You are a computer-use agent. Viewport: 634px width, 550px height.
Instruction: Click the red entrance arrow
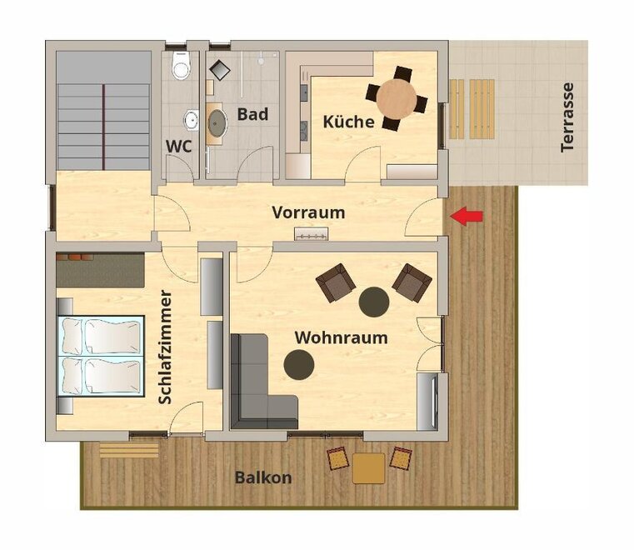click(467, 216)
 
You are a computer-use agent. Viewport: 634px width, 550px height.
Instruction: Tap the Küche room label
click(348, 122)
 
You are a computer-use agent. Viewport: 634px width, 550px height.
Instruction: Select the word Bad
click(252, 114)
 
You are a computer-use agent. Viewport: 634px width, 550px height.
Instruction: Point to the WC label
click(179, 147)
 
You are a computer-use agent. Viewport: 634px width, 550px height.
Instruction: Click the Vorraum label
click(308, 212)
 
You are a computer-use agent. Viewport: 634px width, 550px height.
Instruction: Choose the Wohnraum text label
click(342, 337)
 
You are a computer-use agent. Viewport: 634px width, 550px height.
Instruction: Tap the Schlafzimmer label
click(166, 347)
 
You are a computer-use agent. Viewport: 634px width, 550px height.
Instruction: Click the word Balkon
click(263, 477)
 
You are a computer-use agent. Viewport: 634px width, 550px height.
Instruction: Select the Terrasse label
click(567, 117)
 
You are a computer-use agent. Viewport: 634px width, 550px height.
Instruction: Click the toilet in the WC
click(181, 65)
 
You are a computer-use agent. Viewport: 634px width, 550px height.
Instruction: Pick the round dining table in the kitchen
click(397, 98)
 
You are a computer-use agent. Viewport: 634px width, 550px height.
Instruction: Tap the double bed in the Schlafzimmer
click(101, 356)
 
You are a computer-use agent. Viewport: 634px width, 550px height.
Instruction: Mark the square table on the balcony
click(368, 468)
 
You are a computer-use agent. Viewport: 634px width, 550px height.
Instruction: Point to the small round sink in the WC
click(192, 120)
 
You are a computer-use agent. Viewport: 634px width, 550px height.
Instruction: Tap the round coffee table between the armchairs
click(374, 302)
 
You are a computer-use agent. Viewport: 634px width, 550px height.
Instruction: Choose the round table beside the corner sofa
click(299, 364)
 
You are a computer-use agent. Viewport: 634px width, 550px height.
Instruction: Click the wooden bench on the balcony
click(128, 450)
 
